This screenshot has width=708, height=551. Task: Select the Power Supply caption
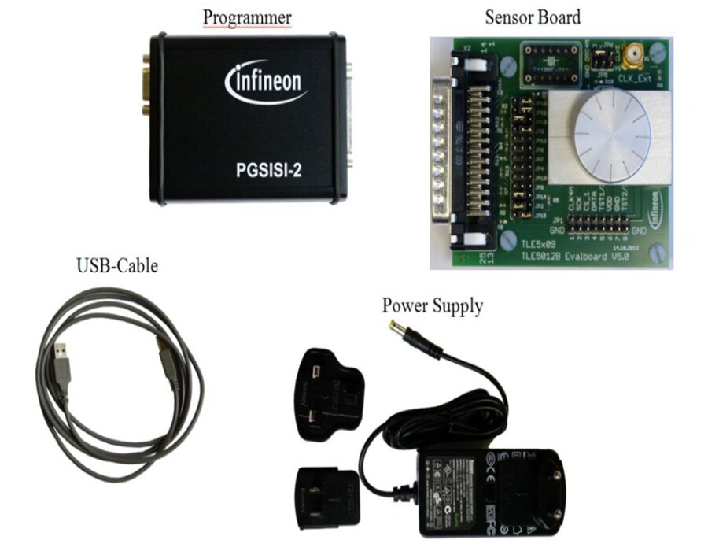(x=433, y=305)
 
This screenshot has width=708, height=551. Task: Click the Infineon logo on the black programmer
(x=266, y=81)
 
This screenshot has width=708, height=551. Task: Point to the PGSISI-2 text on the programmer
(x=267, y=168)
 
